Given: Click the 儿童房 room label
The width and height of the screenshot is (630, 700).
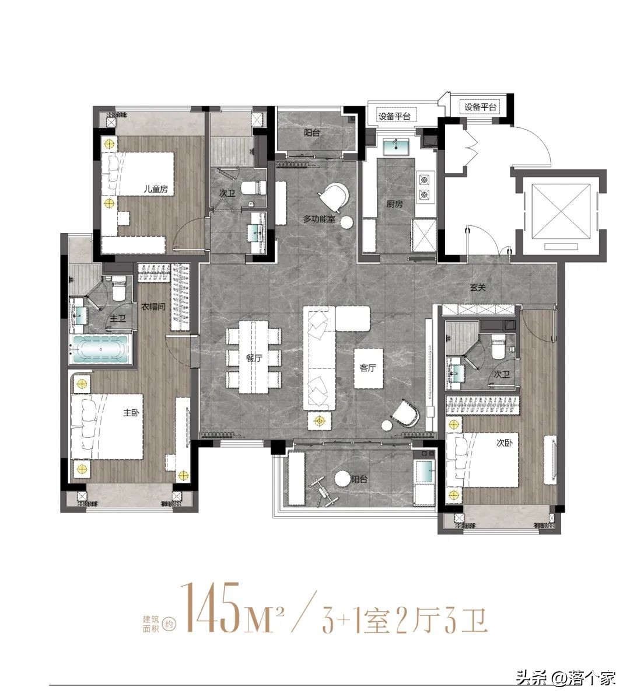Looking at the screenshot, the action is pos(156,189).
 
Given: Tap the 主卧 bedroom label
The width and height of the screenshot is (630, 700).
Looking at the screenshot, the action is pos(131,413).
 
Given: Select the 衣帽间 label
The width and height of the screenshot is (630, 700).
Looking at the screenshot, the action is pos(153,307).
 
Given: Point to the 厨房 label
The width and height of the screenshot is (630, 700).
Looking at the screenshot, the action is pos(395,204).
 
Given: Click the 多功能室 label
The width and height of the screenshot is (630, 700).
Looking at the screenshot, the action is pos(320,219).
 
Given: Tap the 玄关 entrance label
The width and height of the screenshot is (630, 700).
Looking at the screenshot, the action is pos(477,288).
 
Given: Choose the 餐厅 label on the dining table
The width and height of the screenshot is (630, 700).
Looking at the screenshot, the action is pos(254,357).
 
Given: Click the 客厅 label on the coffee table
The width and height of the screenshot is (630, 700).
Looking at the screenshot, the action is pos(368,368).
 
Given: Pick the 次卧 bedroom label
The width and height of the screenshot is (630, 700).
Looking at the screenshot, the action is pos(505,443).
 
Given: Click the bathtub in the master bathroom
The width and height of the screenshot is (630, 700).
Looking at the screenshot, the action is pos(100,349).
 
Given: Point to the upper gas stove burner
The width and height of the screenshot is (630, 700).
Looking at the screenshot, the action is pos(422,180).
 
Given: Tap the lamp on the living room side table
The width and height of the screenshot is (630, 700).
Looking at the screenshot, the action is pos(319,420).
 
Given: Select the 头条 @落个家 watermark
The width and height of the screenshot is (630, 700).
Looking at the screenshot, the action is pos(566,678).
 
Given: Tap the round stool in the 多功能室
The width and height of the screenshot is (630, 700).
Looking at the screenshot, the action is pos(346,221).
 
